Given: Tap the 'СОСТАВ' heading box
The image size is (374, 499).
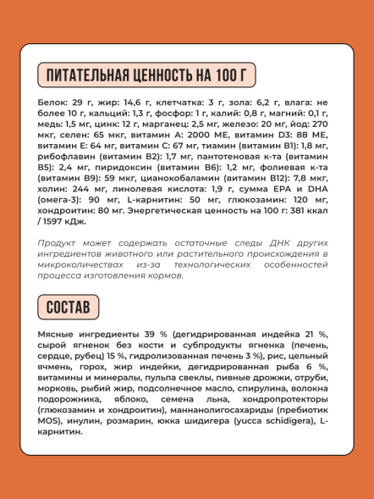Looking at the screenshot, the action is [68, 308].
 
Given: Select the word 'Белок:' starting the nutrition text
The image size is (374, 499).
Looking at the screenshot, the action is [55, 102].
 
